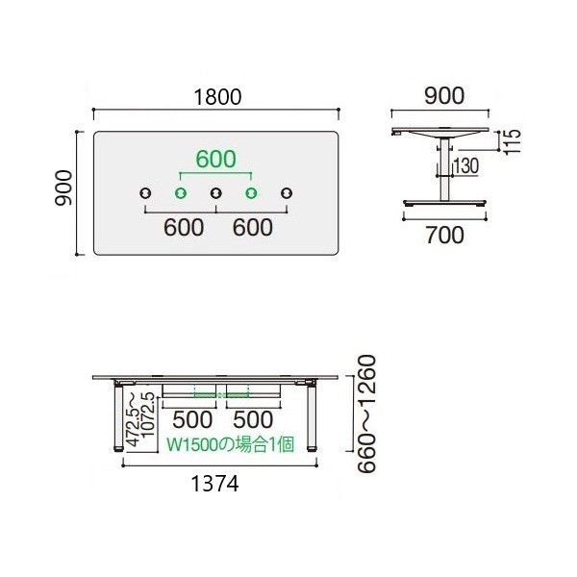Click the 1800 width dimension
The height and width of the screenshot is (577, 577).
tap(217, 97)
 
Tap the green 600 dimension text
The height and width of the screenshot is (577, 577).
tap(215, 159)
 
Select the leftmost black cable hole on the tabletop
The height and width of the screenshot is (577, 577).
tap(145, 193)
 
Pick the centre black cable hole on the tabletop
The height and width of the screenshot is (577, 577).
tap(216, 193)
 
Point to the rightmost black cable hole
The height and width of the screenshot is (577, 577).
tap(287, 193)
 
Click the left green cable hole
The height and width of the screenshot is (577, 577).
tap(181, 193)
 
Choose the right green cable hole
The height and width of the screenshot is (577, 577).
tap(251, 193)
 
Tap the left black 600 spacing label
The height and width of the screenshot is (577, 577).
tap(184, 227)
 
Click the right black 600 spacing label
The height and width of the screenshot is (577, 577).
tap(252, 227)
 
